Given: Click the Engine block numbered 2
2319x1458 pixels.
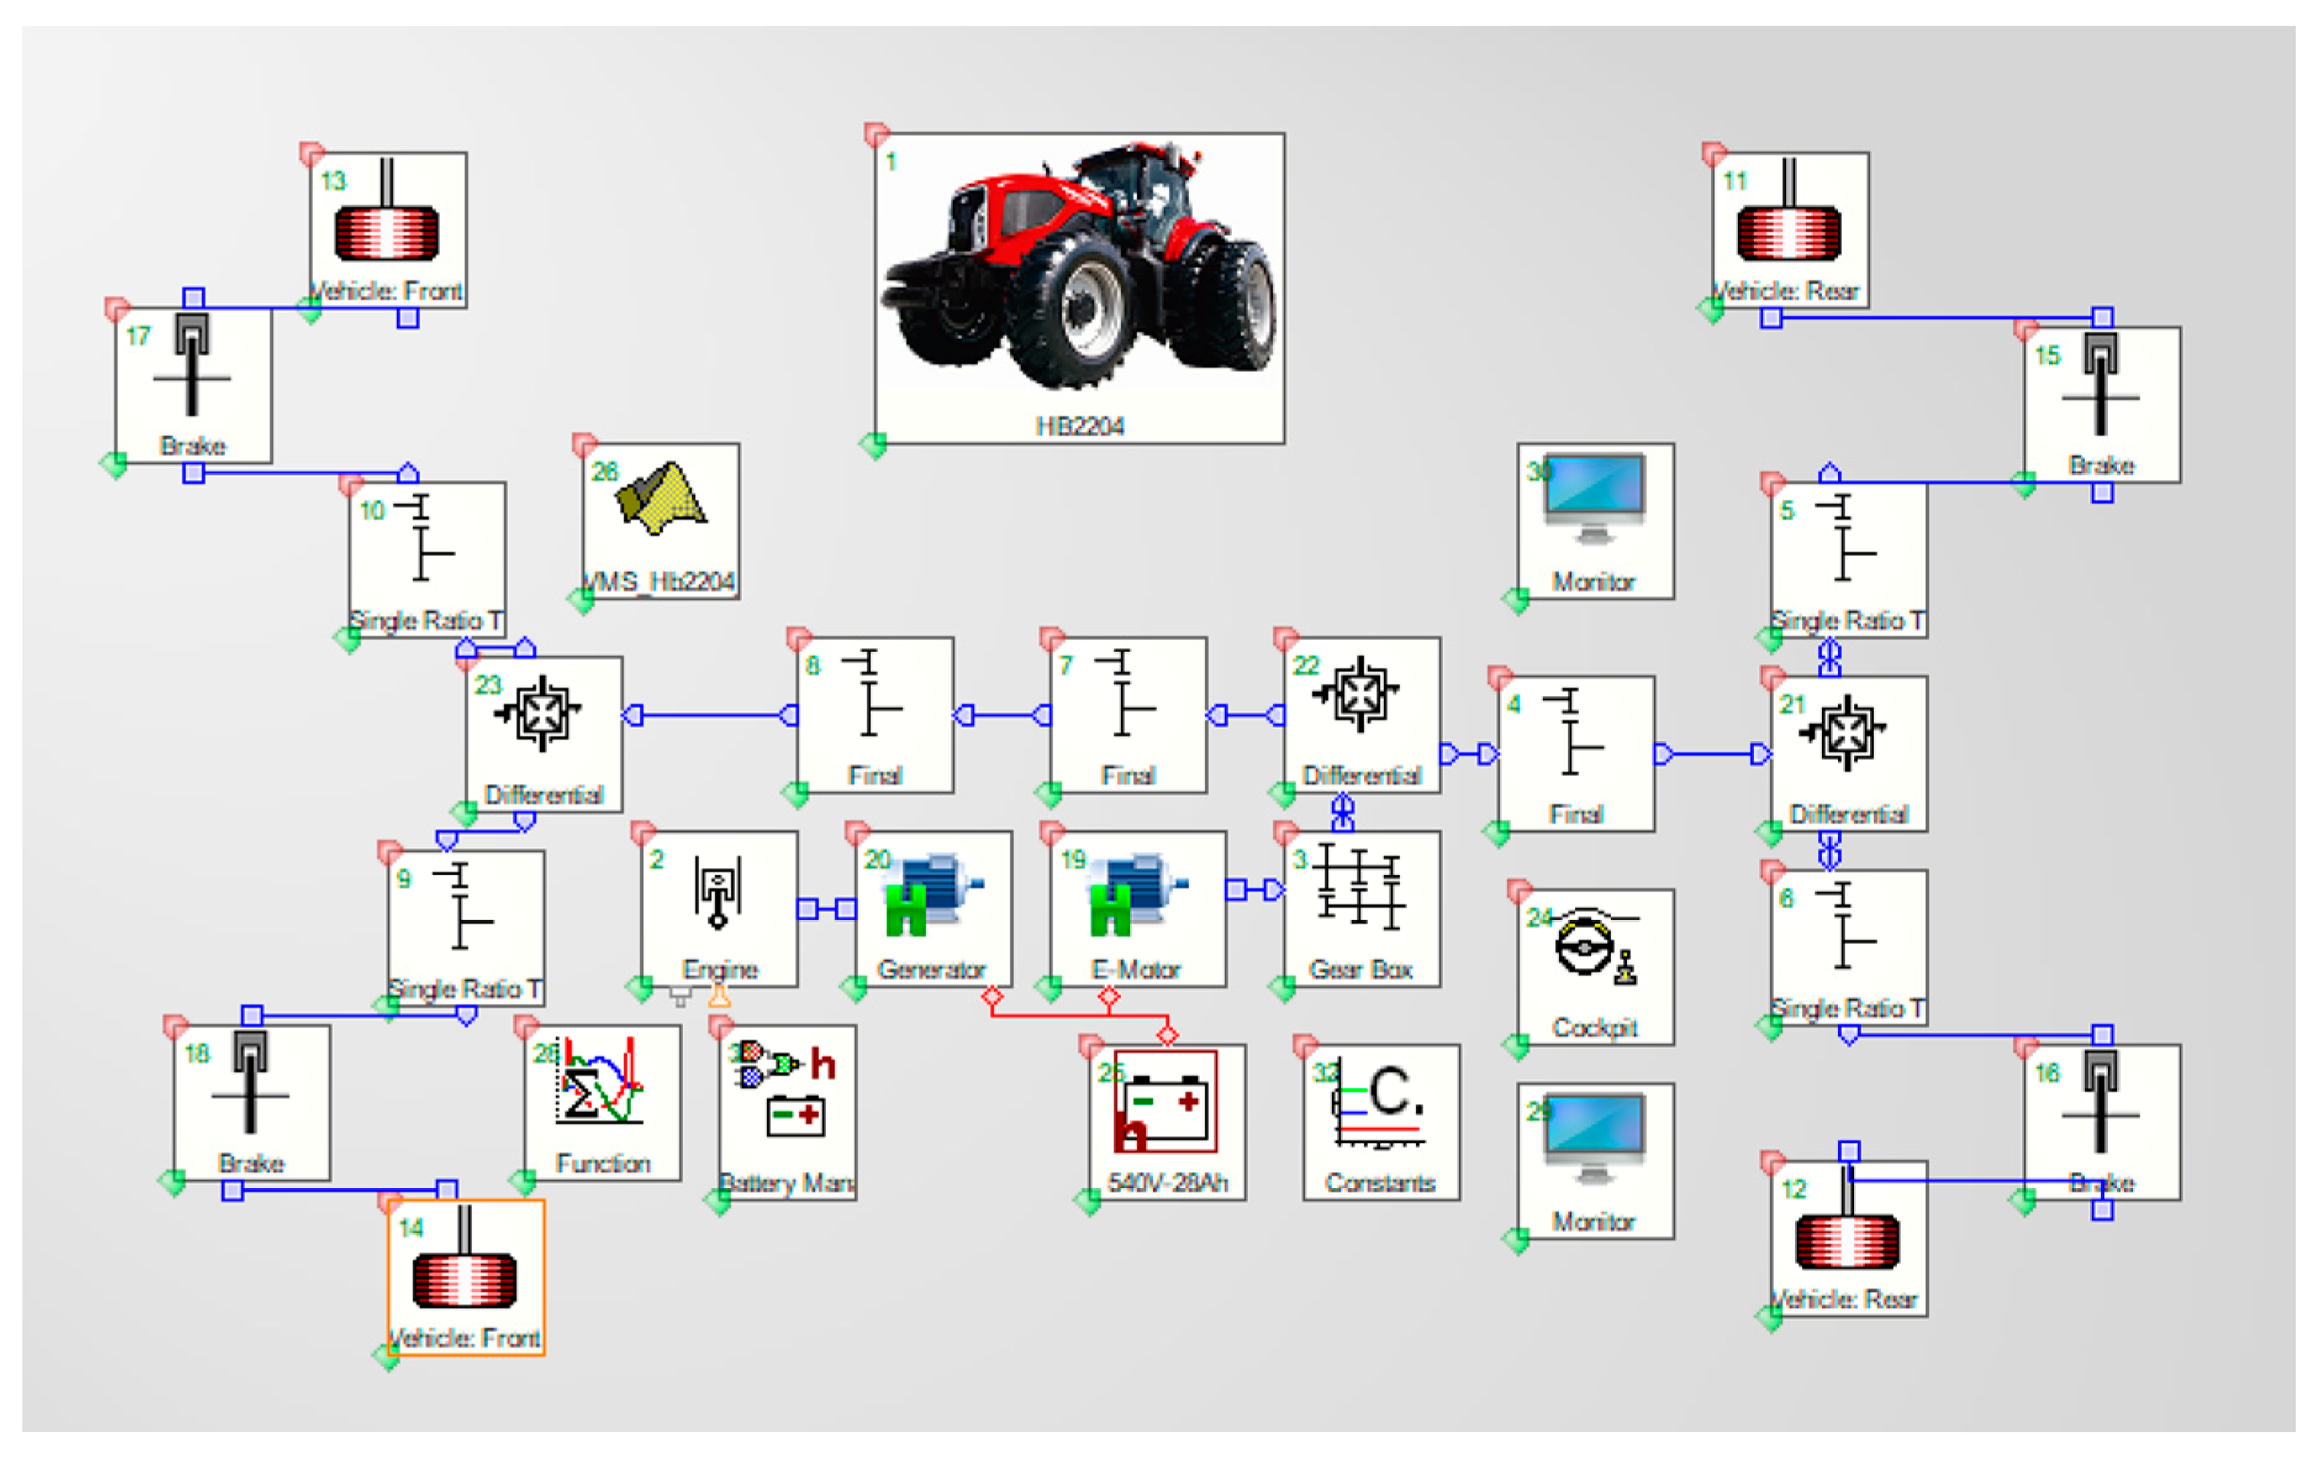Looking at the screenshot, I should [720, 908].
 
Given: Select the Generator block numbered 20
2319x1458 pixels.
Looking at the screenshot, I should [932, 908].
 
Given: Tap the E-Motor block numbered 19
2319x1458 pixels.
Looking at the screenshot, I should [1136, 908].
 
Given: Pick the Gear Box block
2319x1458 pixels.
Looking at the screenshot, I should [1362, 908].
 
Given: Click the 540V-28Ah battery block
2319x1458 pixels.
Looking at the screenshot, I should [1167, 1121].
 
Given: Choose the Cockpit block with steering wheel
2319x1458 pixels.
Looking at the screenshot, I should [1595, 966].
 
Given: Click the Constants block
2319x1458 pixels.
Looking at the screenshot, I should [1381, 1121].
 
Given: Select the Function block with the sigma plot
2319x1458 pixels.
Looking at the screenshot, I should [602, 1101].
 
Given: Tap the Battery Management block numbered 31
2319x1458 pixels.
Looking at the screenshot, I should [787, 1111].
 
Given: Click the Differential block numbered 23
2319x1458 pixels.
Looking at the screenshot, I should [544, 733].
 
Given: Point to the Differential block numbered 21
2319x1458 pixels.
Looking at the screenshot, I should [1848, 752].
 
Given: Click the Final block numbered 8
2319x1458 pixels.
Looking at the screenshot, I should [874, 713].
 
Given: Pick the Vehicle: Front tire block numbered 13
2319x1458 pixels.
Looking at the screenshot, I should [387, 229].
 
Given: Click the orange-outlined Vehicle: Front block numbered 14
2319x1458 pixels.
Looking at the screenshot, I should [465, 1276].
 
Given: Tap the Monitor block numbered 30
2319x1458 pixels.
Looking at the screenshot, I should [1595, 520].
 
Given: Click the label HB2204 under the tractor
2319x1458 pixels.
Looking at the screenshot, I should [1079, 426].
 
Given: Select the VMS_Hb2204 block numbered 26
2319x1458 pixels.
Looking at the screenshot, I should [661, 520].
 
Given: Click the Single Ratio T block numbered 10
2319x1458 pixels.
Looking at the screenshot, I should [426, 559].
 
